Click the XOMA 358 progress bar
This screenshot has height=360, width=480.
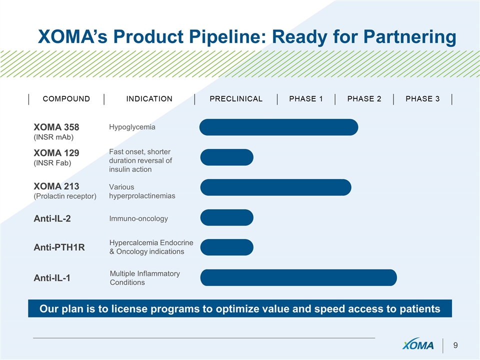278,127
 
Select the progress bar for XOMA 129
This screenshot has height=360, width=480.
227,157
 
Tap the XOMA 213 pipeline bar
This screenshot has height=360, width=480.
276,187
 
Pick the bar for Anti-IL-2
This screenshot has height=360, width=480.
227,217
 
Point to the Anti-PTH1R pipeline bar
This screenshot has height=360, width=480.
227,247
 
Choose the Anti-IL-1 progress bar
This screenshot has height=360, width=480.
298,277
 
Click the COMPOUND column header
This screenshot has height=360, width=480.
66,99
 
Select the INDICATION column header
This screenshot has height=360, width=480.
149,99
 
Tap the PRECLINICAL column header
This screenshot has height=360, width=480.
236,99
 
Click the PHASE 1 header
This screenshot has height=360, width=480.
306,99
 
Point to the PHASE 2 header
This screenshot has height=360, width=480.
364,99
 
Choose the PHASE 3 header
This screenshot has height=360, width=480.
423,99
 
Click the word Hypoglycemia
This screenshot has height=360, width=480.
132,127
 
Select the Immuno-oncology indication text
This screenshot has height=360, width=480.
138,218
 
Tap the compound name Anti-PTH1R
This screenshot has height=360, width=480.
59,247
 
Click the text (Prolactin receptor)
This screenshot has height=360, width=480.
65,196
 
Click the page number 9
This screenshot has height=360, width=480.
455,345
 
